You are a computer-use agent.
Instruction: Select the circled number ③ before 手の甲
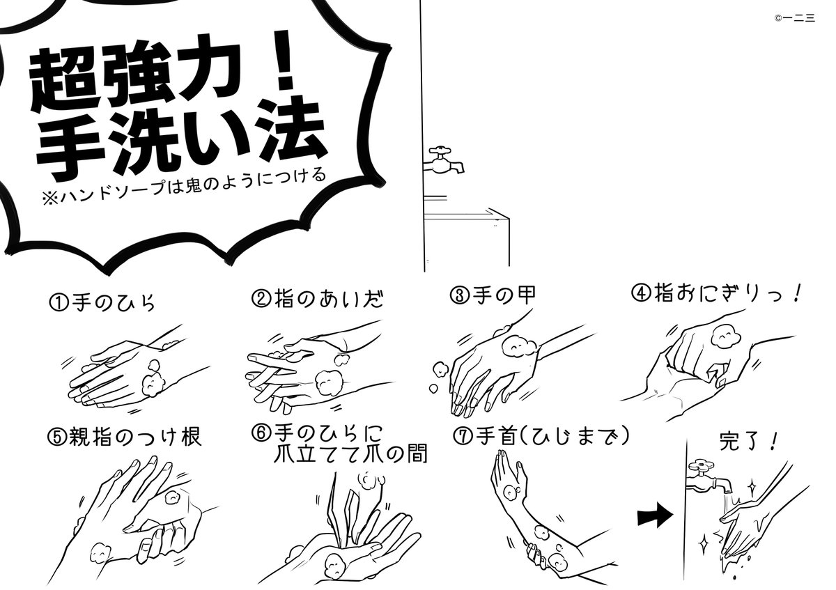(x=460, y=296)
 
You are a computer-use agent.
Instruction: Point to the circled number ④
(x=641, y=293)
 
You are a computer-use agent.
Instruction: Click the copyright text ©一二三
(x=795, y=18)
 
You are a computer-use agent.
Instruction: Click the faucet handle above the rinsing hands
(x=701, y=466)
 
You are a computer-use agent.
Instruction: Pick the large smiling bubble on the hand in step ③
(x=520, y=347)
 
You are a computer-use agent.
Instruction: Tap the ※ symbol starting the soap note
(x=50, y=198)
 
